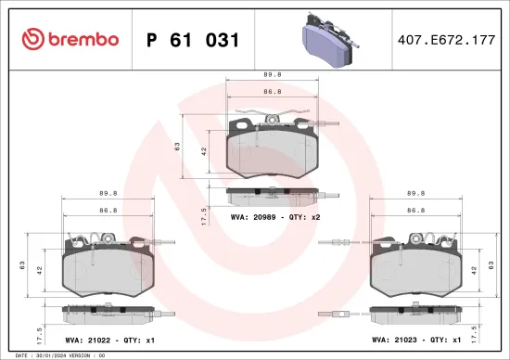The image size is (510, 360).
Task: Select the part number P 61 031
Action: click(194, 40)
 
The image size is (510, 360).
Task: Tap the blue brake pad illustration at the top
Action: click(329, 44)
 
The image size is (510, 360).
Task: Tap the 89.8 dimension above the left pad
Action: click(108, 195)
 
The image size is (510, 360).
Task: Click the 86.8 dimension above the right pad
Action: click(415, 211)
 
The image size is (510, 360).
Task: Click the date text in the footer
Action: click(56, 355)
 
